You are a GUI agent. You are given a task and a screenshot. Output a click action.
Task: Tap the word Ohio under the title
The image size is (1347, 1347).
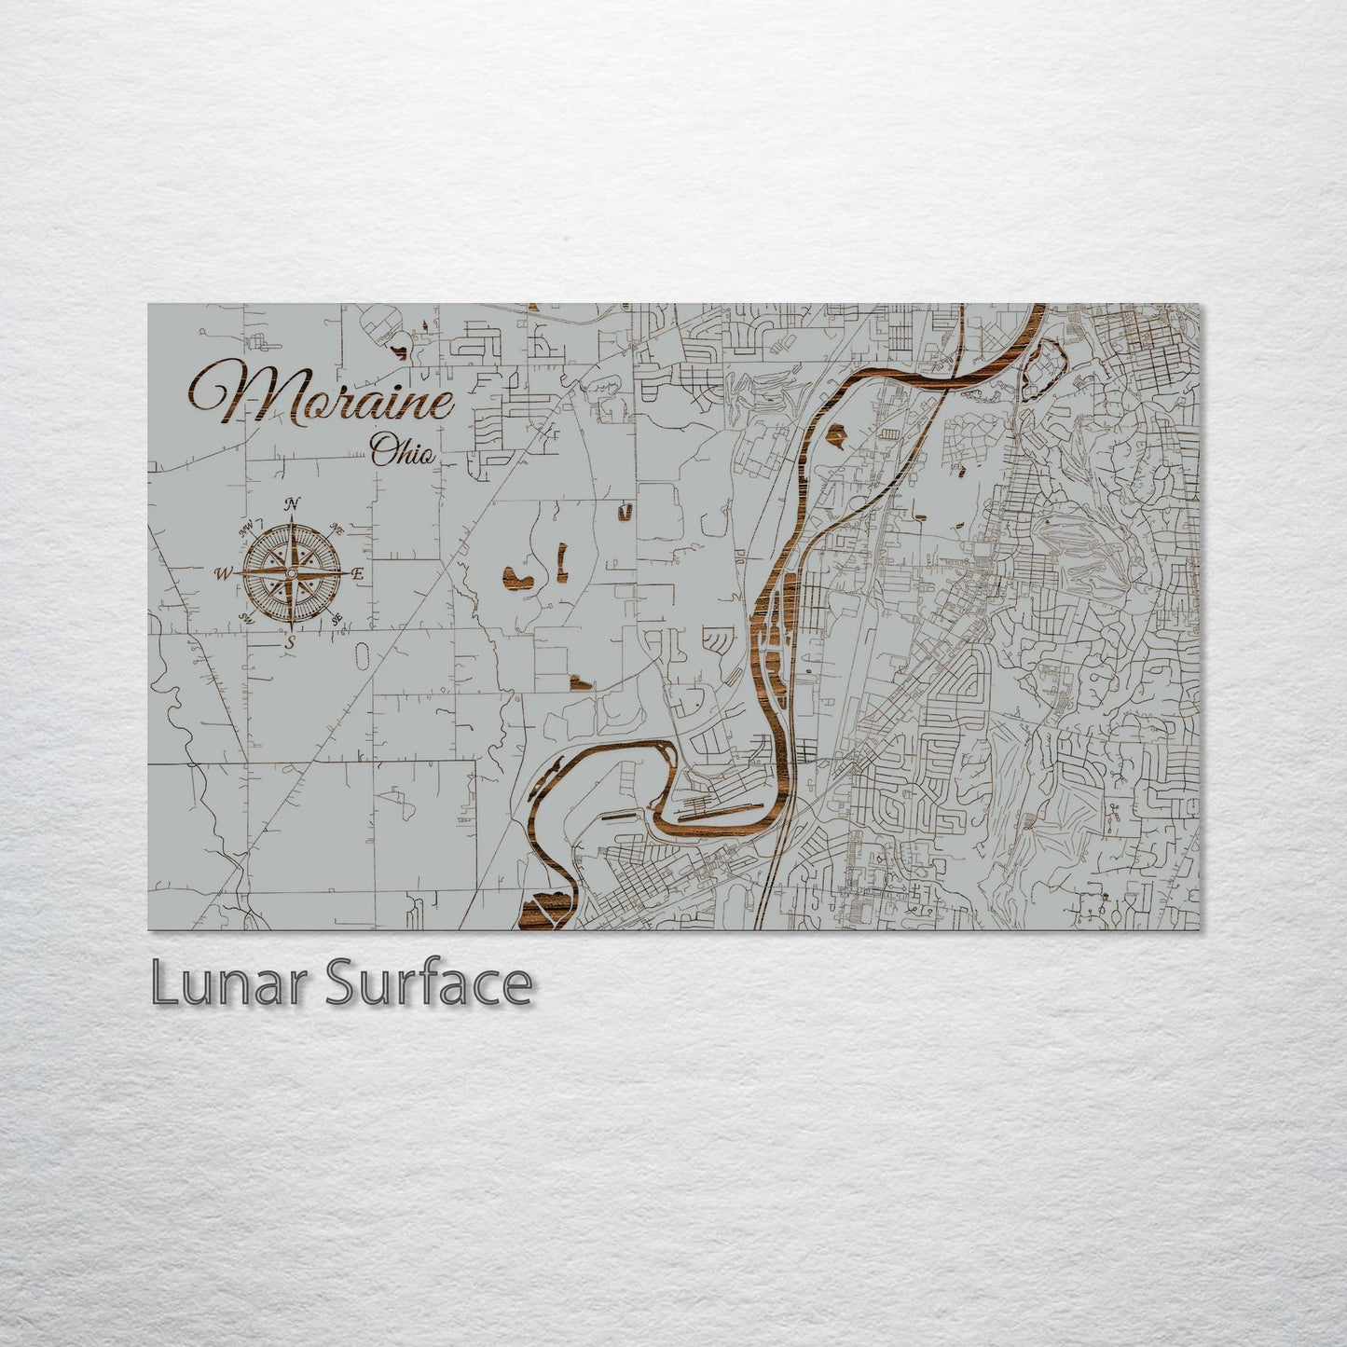pos(403,452)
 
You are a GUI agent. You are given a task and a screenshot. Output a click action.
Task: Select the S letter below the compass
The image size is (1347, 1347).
pos(290,641)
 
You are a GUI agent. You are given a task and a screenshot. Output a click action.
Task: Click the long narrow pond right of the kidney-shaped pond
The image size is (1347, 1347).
pos(562,562)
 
